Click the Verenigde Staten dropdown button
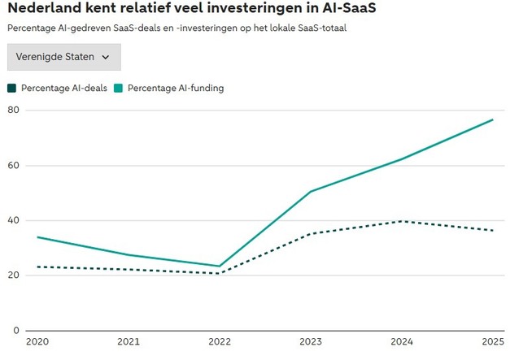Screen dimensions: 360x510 coord(63,57)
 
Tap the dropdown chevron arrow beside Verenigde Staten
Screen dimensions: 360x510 coord(107,57)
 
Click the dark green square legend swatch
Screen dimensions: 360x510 coord(11,88)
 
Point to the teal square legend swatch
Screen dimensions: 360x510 coord(119,88)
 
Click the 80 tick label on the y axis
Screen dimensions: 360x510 coord(12,111)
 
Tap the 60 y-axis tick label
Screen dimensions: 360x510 coord(12,166)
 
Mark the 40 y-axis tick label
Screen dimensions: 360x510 coord(12,220)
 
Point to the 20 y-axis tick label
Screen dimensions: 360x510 coord(12,275)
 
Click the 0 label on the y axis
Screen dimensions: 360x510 coord(15,330)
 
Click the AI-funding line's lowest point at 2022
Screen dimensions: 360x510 coord(220,266)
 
